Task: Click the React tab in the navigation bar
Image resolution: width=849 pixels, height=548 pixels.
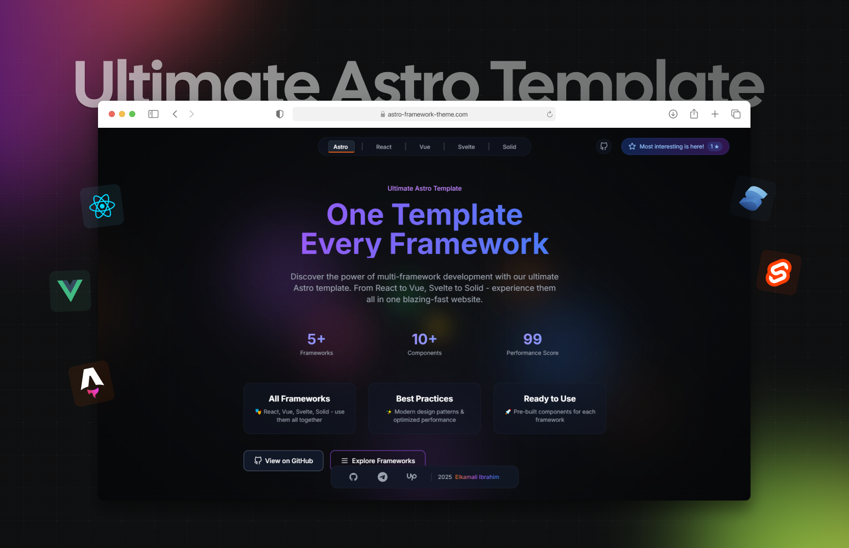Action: [383, 147]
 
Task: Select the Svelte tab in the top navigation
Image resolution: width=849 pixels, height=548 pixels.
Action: [466, 147]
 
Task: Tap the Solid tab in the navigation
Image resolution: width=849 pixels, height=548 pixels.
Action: [509, 147]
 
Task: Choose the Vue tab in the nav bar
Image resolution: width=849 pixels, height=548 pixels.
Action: [425, 147]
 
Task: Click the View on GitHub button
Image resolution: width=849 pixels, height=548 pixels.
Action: [283, 461]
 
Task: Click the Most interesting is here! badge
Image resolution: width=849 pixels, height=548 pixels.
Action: [675, 147]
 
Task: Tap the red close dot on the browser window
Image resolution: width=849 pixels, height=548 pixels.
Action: [112, 114]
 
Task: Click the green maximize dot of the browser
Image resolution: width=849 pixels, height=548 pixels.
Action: [132, 114]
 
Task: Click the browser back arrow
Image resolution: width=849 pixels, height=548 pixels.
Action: [175, 114]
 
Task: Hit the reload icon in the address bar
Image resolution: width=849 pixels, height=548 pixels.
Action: [549, 114]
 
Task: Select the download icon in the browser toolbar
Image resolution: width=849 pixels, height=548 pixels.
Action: [673, 114]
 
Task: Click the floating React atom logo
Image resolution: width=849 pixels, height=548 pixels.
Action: [102, 206]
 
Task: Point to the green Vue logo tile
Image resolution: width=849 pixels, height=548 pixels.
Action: [70, 291]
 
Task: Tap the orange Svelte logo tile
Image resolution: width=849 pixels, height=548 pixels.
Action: [779, 272]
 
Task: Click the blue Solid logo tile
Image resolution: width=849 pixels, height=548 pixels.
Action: [753, 198]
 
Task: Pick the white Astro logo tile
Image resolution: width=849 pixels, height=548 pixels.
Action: [91, 383]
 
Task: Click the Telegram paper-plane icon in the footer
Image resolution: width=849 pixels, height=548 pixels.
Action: [382, 477]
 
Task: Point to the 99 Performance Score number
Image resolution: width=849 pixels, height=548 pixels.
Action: [532, 339]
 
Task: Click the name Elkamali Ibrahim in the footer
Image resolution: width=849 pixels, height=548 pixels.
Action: [477, 477]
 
